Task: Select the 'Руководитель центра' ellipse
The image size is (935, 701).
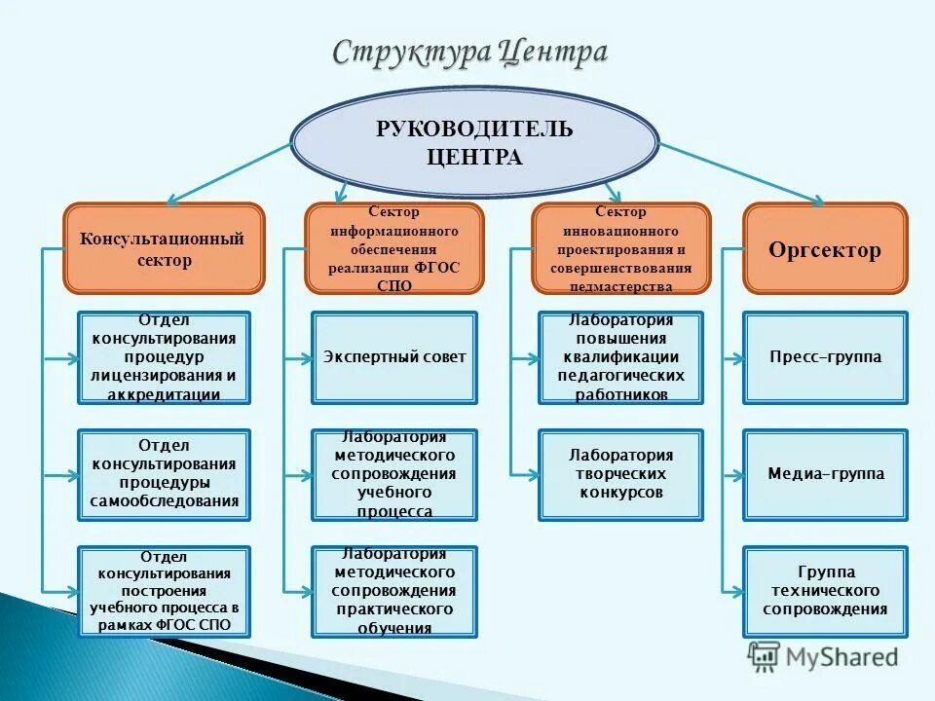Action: [x=475, y=143]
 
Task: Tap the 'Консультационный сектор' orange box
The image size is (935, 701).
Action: [x=164, y=248]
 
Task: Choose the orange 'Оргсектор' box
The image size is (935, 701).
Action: [x=824, y=249]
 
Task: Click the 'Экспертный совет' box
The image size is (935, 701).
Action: [x=394, y=357]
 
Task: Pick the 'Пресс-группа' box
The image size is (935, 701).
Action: [x=824, y=357]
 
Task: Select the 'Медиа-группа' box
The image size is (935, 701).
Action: [x=824, y=474]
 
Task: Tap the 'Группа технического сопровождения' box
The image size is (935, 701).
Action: [x=824, y=591]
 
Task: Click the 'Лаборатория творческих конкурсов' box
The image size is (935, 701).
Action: [x=620, y=474]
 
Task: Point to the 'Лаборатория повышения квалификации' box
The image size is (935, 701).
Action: [x=620, y=357]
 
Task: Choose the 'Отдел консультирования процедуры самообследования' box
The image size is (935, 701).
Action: [x=164, y=474]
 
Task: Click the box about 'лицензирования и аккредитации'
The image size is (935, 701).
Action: [x=164, y=357]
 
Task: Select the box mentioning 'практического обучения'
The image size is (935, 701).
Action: [x=394, y=591]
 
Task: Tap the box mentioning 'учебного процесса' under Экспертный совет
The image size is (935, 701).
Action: [x=394, y=474]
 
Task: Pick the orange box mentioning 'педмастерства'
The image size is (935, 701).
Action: [x=620, y=248]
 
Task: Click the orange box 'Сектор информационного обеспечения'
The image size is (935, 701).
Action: [x=394, y=248]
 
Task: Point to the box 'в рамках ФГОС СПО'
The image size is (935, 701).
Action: [x=164, y=591]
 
